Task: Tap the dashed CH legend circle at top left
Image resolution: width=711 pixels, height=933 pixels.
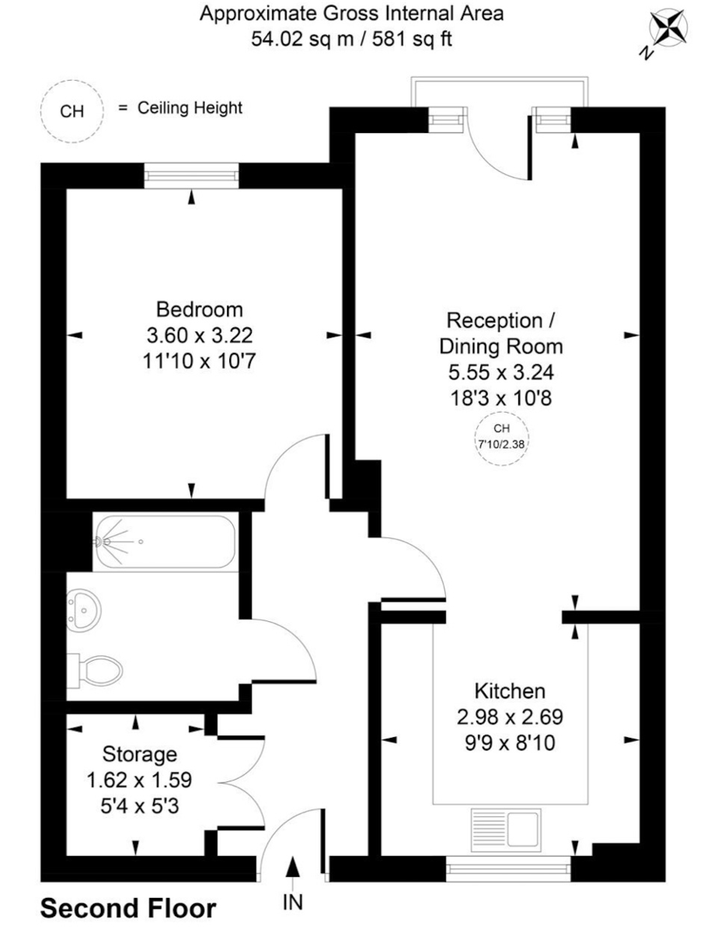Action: pos(71,111)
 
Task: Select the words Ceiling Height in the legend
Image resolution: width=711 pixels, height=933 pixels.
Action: pos(190,108)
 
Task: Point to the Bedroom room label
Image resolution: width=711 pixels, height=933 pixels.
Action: pos(200,309)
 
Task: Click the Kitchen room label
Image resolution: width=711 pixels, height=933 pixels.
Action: pos(510,690)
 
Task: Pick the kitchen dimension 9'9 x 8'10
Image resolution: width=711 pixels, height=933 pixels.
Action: pos(510,743)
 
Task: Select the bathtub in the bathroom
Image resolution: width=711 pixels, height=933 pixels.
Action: pos(163,541)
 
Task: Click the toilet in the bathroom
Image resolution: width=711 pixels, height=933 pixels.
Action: pos(99,669)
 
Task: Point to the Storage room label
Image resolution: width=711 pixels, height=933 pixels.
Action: pos(141,753)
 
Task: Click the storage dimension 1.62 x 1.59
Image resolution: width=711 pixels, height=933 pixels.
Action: pos(141,779)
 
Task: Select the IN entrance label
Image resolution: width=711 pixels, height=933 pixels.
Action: pos(293,902)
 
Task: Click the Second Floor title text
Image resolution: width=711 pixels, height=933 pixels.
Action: pos(128,908)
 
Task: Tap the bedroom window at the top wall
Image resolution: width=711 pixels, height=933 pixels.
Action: pos(192,176)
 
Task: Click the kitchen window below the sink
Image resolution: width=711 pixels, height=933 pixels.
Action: pos(508,868)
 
